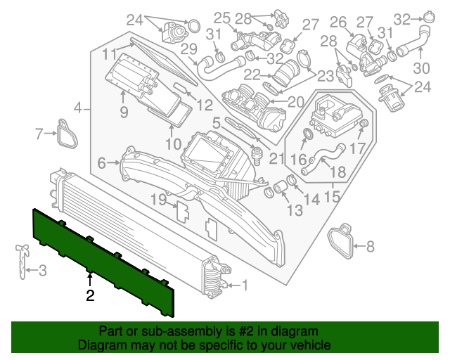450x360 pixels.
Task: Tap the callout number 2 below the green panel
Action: [90, 296]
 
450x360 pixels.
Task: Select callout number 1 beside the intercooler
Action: [245, 285]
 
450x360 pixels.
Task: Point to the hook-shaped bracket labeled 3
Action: [22, 260]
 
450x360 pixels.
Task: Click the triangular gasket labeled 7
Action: [67, 134]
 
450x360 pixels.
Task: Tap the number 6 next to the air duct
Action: [102, 163]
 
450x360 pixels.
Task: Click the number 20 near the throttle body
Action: [296, 101]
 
